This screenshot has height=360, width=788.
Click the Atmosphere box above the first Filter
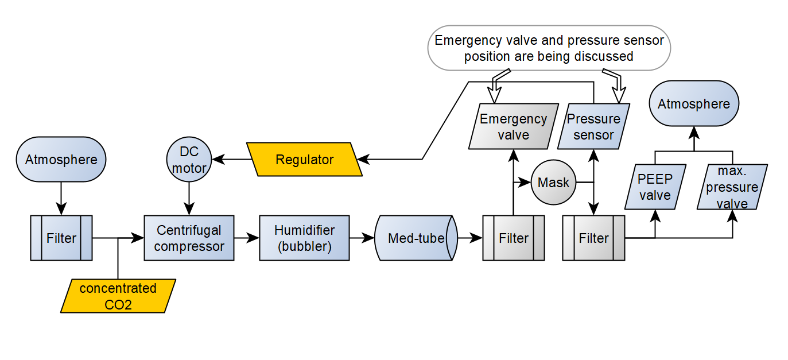[61, 160]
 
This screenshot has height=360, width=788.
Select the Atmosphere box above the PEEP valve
[693, 104]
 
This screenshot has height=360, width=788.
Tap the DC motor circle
[189, 160]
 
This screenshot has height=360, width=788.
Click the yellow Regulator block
[304, 160]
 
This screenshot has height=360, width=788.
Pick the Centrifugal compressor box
[189, 238]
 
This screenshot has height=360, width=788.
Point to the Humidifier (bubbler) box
[304, 238]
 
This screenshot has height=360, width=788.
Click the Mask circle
[553, 183]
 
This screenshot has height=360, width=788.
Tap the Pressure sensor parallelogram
[593, 126]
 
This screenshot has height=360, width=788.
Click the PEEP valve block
[655, 187]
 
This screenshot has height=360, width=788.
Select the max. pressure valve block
[732, 187]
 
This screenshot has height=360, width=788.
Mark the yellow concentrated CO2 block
[118, 296]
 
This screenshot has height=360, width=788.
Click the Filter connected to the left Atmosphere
[61, 238]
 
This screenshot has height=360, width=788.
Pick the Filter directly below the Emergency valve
[514, 238]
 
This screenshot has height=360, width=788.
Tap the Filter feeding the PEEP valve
[593, 238]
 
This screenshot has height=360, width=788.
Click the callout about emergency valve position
[549, 48]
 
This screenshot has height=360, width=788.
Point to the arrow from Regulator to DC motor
[230, 160]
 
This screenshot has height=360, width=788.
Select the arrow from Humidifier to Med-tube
[362, 238]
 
